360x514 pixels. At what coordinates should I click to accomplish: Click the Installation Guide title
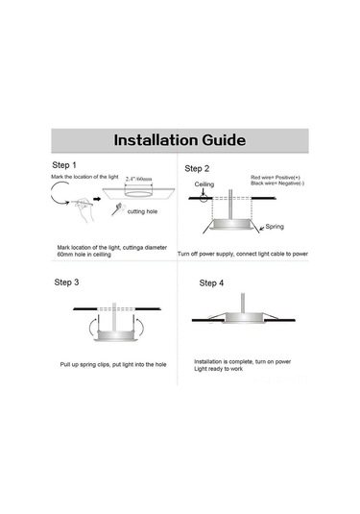(180, 140)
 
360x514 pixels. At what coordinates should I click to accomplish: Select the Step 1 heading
(64, 165)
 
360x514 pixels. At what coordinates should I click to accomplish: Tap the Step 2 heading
(197, 168)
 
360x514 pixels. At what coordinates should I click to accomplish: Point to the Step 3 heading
(66, 281)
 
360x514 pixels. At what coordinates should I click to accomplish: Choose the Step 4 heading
(211, 282)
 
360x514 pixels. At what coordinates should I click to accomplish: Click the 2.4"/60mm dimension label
(139, 179)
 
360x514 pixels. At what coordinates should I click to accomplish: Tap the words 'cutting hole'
(142, 211)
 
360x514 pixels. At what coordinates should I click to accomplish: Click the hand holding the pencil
(84, 209)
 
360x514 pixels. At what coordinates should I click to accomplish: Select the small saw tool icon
(116, 209)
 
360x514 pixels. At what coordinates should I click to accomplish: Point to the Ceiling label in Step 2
(204, 184)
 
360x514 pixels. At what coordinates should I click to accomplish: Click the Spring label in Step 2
(275, 226)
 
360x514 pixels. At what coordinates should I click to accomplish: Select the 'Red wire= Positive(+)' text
(276, 178)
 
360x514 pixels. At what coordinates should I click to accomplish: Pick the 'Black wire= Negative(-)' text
(277, 183)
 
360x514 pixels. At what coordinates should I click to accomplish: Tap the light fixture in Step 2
(232, 225)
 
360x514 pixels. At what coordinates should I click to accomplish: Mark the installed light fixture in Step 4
(243, 317)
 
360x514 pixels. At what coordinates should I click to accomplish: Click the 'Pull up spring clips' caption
(113, 364)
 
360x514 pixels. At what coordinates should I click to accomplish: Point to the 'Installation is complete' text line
(243, 361)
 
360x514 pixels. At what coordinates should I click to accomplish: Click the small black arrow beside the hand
(97, 199)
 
